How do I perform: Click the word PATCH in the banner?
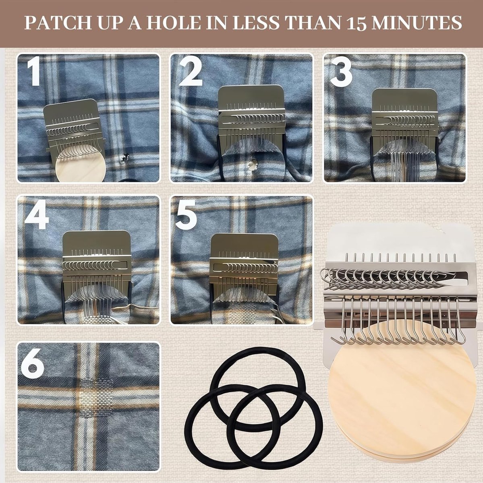(58, 23)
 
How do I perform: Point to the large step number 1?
(34, 71)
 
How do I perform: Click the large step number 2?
(191, 71)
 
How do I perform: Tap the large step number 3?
(341, 71)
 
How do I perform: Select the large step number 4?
(37, 214)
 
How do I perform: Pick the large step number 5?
(186, 215)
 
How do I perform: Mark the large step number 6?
(32, 363)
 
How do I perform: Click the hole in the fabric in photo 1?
(124, 158)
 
